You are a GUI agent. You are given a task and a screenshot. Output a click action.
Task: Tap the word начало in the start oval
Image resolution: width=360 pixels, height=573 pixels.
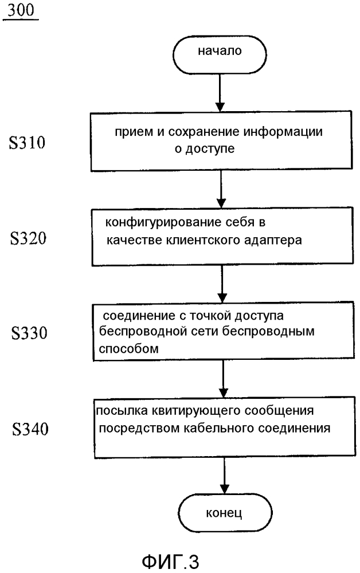pyautogui.click(x=220, y=50)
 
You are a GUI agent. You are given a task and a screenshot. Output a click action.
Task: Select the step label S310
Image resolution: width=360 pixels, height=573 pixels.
pyautogui.click(x=27, y=142)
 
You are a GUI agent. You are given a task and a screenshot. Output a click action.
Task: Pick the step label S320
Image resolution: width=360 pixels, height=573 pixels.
pyautogui.click(x=28, y=238)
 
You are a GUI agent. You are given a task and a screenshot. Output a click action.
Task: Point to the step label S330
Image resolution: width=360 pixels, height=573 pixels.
pyautogui.click(x=29, y=332)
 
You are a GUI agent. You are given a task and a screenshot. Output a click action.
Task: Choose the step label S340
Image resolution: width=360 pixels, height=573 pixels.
pyautogui.click(x=30, y=429)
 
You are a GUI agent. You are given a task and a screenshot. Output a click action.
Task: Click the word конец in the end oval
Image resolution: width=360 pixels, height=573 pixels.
pyautogui.click(x=224, y=513)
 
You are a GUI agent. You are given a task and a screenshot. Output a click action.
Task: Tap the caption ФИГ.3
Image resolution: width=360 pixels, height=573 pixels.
pyautogui.click(x=170, y=562)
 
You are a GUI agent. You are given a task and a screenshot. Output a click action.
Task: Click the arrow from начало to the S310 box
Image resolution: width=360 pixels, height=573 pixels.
pyautogui.click(x=220, y=92)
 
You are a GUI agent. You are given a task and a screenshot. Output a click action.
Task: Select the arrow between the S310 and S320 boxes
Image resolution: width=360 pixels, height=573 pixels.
pyautogui.click(x=221, y=189)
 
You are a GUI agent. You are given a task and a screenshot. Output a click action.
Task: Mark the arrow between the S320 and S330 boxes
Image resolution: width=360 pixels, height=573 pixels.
pyautogui.click(x=222, y=283)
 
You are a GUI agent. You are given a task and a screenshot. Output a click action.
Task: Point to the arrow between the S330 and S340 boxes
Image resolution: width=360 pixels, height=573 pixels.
pyautogui.click(x=223, y=379)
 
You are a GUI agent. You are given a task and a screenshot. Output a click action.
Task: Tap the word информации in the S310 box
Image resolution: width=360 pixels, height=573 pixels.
pyautogui.click(x=283, y=132)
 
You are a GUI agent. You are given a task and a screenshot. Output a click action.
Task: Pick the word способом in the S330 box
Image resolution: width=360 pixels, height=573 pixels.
pyautogui.click(x=128, y=349)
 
